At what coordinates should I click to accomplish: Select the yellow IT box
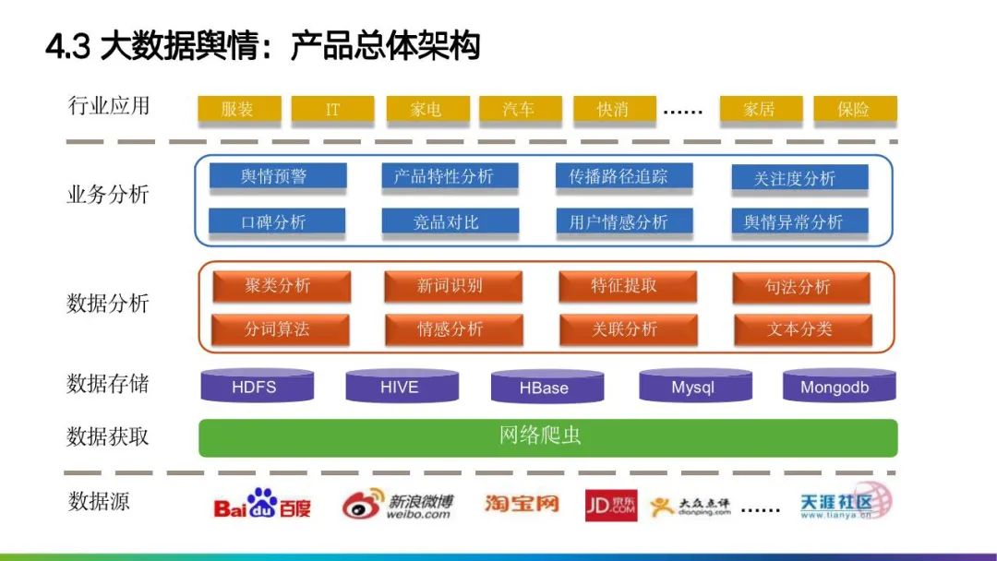(332, 109)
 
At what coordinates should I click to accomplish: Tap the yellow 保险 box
(854, 109)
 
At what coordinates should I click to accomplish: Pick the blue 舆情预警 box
(277, 176)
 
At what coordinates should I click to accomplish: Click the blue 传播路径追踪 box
(624, 176)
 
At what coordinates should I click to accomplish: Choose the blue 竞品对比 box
(450, 221)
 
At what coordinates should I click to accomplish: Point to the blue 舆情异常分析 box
(799, 221)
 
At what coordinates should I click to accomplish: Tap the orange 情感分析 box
(453, 329)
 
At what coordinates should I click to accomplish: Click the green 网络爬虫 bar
(547, 436)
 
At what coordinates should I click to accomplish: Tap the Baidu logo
(262, 504)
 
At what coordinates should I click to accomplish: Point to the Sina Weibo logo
(398, 505)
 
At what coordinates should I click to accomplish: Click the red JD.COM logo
(611, 505)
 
